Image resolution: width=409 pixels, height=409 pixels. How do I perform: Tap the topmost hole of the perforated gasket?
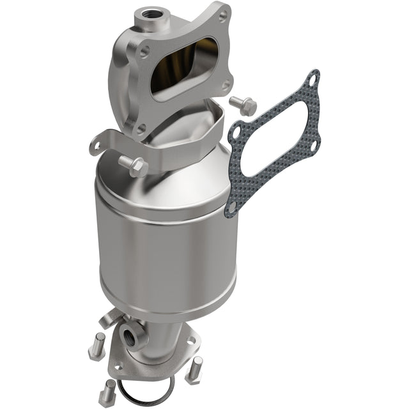point(311,79)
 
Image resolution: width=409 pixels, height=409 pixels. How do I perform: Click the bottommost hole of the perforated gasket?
point(232,205)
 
